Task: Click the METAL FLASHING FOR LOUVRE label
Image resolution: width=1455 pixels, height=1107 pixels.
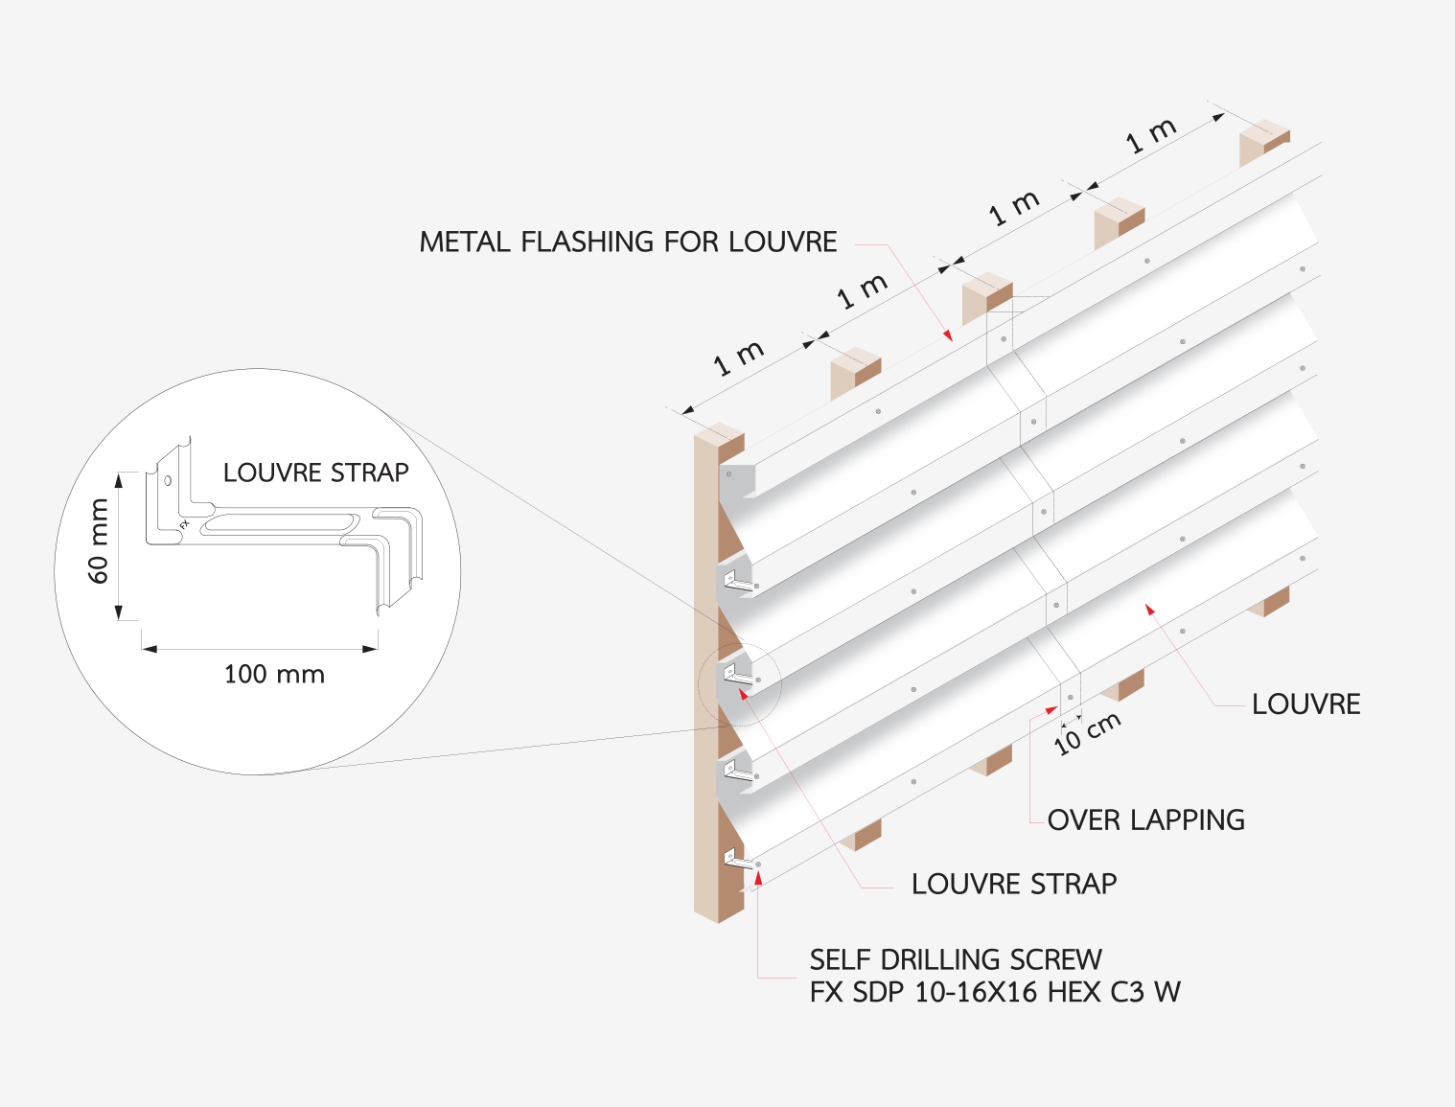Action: pos(628,242)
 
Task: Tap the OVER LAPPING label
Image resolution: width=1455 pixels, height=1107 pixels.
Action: pos(1145,820)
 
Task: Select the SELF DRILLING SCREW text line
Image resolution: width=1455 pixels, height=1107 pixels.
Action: pos(956,959)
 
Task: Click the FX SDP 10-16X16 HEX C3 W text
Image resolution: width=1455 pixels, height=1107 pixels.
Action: pos(995,992)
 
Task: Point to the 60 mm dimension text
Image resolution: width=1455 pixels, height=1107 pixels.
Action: pos(99,542)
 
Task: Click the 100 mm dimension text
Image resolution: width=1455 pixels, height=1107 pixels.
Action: pos(274,675)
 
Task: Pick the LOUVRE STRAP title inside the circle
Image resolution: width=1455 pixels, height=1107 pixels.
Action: pos(315,473)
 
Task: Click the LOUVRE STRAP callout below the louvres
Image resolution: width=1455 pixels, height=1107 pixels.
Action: pos(1014,884)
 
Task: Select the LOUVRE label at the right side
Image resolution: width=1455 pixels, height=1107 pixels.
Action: pos(1305,704)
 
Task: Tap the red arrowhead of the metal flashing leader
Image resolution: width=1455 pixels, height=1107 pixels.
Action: pos(948,335)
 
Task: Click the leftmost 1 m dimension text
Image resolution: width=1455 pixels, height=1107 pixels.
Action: pos(739,357)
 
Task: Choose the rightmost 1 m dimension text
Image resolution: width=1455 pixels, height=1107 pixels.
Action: pos(1151,136)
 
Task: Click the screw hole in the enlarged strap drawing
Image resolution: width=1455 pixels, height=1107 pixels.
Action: pos(168,480)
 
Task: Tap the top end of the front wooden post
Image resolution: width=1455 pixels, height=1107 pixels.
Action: pos(719,440)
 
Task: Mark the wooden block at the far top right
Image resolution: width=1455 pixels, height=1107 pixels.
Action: pos(1263,142)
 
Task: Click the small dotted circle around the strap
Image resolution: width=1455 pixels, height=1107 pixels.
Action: pos(740,683)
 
